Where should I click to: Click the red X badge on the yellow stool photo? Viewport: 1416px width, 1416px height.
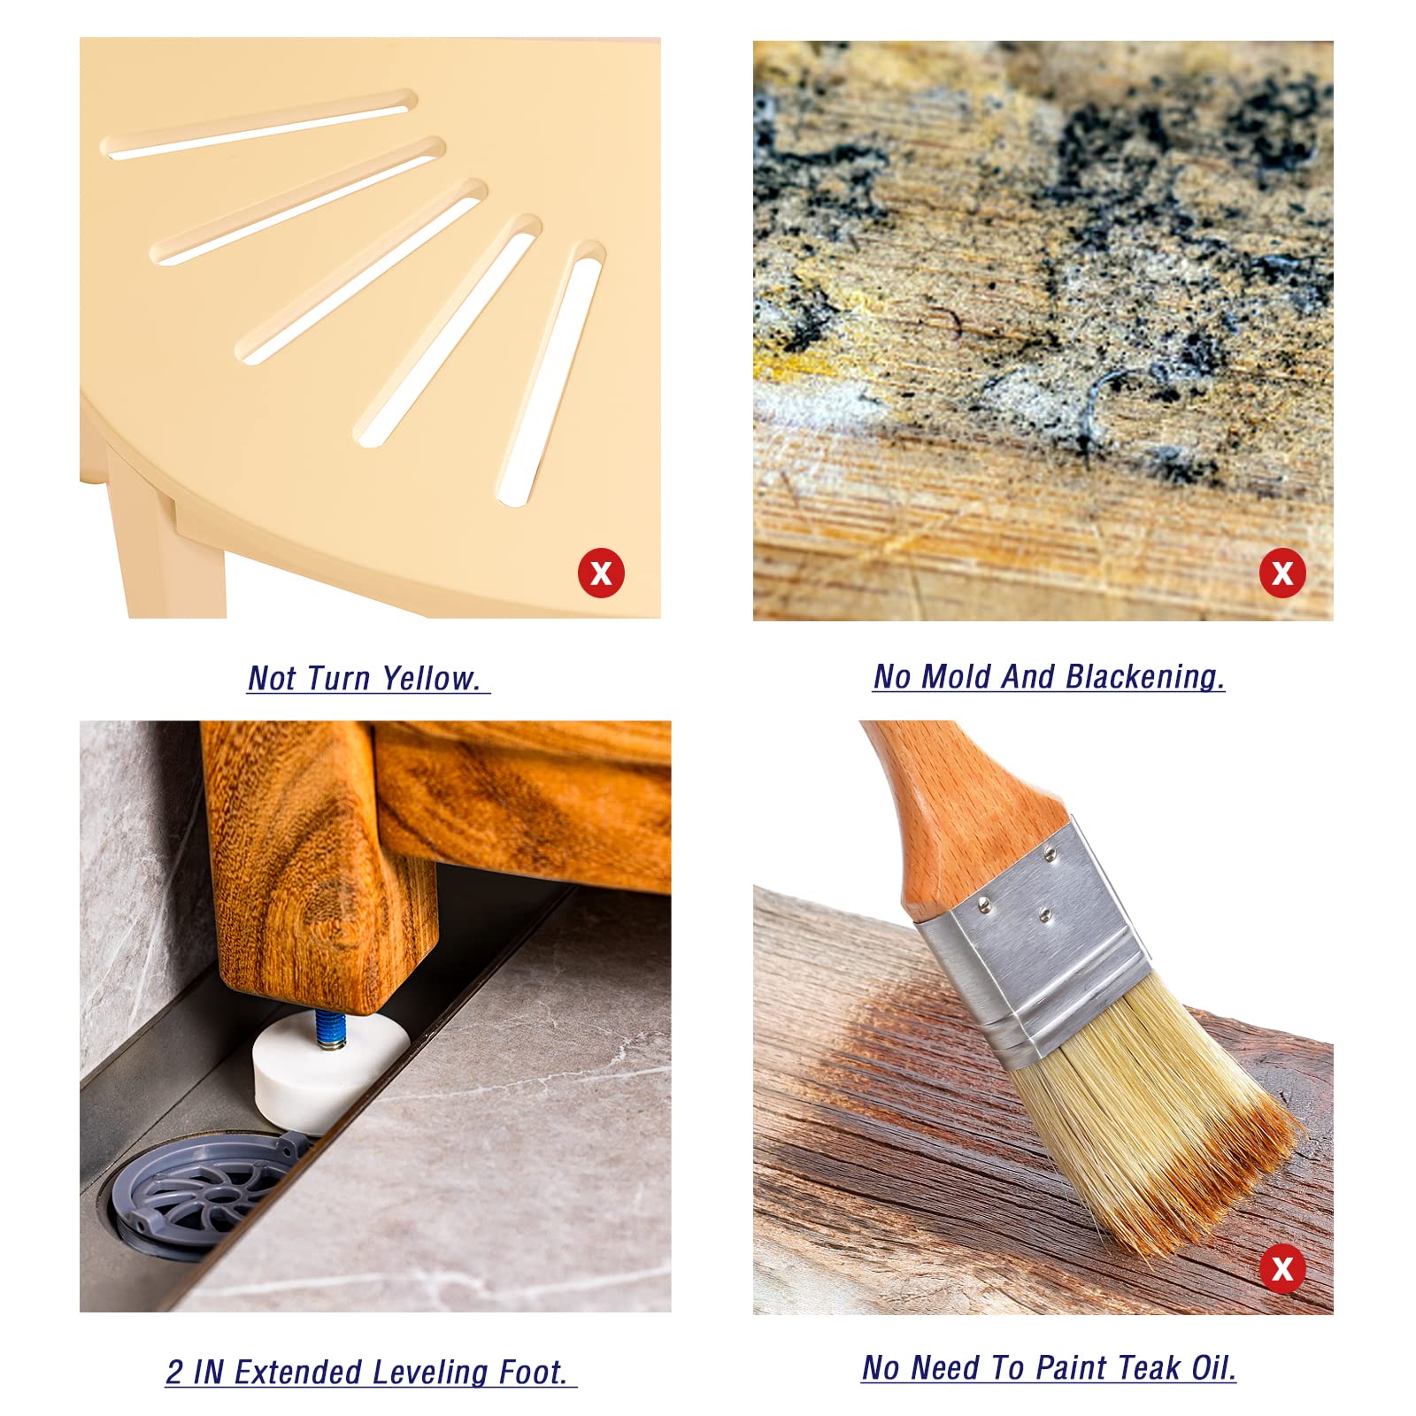click(601, 573)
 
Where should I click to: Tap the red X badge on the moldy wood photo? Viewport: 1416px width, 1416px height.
click(1282, 573)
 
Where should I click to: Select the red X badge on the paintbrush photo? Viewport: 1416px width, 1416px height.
click(1282, 1269)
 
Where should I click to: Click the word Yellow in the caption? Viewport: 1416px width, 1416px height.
click(431, 679)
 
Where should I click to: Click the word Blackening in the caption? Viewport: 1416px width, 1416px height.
click(1144, 677)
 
